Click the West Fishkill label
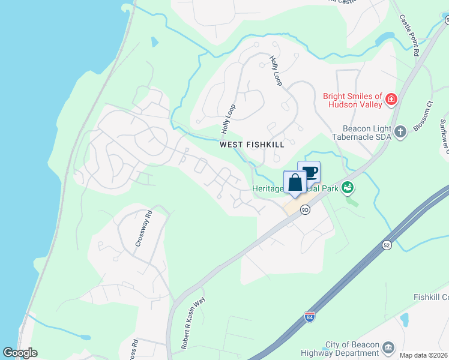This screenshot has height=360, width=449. [252, 145]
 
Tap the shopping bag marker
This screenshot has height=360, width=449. [295, 182]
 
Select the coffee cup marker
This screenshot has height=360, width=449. [309, 172]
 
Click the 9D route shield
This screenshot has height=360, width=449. [305, 209]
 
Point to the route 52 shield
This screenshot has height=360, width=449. [387, 245]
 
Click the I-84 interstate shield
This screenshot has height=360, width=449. [309, 316]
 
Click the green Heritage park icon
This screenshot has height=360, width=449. [346, 188]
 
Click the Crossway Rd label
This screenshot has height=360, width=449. [140, 228]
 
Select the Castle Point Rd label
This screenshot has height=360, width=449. [409, 35]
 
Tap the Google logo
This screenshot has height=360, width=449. [20, 353]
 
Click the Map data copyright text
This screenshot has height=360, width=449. [423, 355]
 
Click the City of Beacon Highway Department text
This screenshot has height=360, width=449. [352, 349]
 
